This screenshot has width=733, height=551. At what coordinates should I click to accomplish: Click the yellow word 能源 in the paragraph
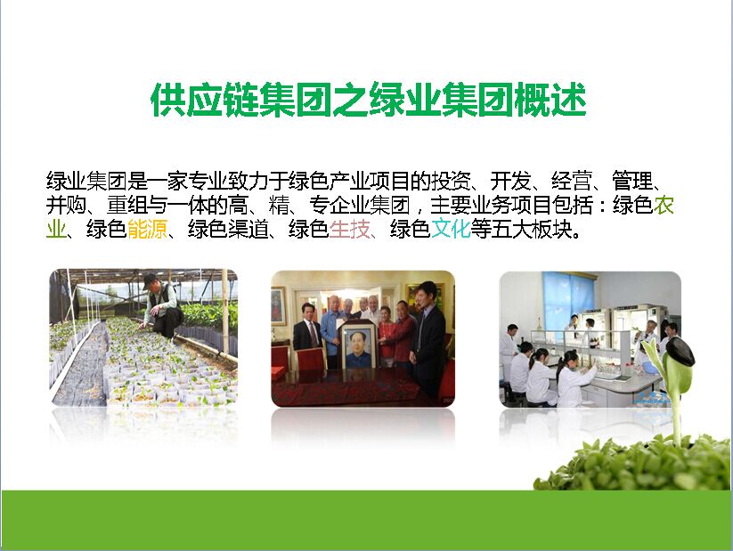coord(147,229)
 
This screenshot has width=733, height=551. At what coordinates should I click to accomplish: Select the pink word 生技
coord(350,229)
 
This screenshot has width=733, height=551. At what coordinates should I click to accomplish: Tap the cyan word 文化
coord(451,229)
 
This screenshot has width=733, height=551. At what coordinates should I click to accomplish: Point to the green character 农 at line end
coord(664,205)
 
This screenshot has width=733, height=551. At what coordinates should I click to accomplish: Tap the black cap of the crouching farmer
coord(151,280)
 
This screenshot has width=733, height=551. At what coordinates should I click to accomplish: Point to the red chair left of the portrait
coord(311,359)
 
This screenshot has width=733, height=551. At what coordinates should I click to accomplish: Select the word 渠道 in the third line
coord(248,229)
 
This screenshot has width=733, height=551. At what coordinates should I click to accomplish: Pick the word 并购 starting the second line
coord(66,205)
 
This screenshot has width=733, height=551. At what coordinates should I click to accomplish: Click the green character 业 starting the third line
coord(56,229)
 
